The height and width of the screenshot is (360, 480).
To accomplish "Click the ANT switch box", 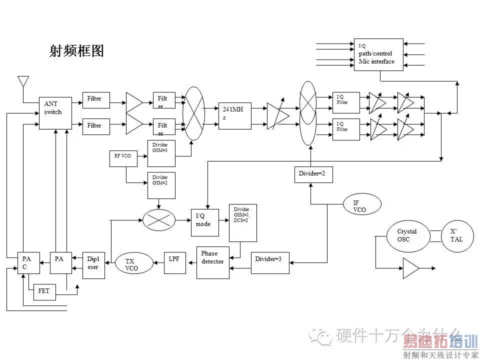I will click(55, 113).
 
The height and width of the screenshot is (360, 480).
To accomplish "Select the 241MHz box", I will click(235, 115).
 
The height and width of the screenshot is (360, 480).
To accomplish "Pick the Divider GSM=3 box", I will click(161, 153).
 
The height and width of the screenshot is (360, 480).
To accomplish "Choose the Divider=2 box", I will click(312, 174).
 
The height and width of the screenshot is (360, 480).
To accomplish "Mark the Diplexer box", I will click(93, 264).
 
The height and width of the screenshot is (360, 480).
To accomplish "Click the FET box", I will click(44, 291).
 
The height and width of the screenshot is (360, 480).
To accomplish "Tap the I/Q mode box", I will click(204, 221).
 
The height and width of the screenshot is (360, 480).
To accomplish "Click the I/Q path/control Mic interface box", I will click(378, 54).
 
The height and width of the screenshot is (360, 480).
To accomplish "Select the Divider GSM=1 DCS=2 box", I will click(243, 222).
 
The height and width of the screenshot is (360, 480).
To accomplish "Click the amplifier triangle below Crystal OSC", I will click(410, 268).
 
